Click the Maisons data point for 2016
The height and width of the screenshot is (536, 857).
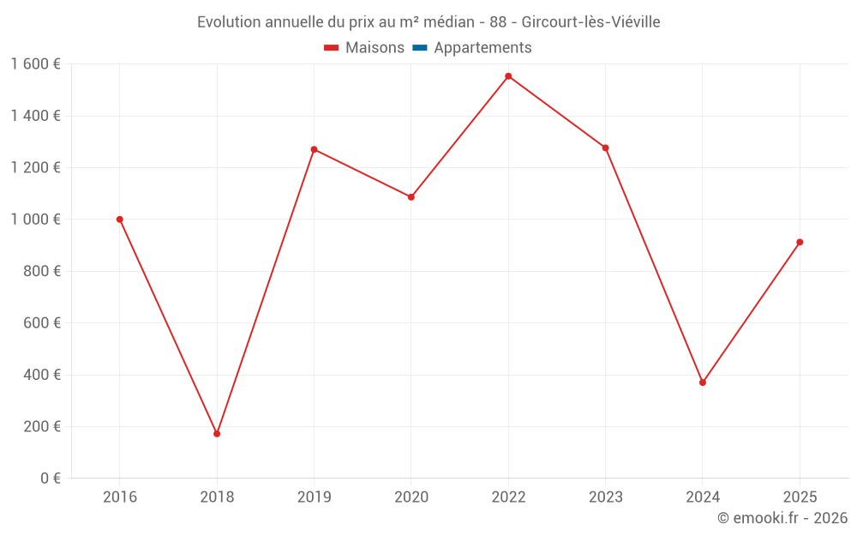coord(120,220)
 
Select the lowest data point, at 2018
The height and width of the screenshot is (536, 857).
coord(217,434)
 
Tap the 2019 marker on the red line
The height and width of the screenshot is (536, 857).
coord(314,149)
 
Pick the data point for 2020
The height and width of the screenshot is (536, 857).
coord(411,197)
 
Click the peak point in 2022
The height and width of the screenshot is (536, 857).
coord(508,76)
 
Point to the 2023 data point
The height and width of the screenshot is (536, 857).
coord(605,148)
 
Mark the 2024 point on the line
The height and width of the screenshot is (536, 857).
coord(703,382)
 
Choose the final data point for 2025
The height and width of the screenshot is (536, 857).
coord(800,242)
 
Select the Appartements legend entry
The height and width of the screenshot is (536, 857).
coord(482,48)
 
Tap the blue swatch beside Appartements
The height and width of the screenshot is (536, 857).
coord(419,48)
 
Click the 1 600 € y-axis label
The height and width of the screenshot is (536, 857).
coord(35,64)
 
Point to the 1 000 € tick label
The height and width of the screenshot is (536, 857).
coord(35,220)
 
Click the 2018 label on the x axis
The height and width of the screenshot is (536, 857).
coord(217,497)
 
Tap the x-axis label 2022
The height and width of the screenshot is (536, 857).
coord(508,497)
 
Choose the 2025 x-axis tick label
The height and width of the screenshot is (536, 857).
coord(800,497)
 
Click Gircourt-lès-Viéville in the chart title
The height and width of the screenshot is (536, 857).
coord(590,22)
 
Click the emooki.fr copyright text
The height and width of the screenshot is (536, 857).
coord(782,518)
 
